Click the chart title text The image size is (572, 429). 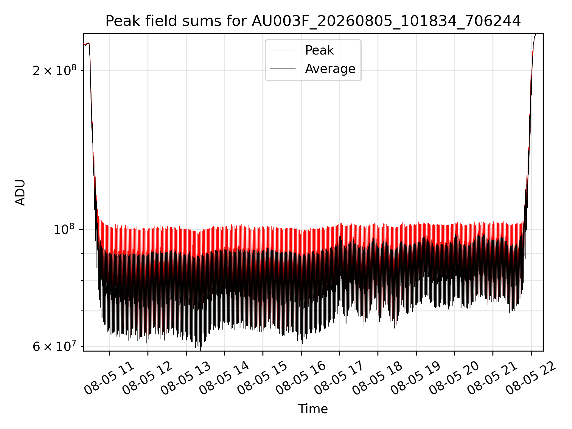[313, 21]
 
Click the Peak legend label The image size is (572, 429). [319, 50]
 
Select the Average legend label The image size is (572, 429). [330, 69]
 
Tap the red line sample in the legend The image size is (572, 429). [283, 50]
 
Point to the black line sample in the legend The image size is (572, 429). [283, 69]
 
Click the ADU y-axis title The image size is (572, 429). [20, 192]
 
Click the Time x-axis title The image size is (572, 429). [313, 409]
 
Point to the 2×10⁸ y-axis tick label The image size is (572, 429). [55, 70]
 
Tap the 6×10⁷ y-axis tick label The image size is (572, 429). [55, 346]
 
